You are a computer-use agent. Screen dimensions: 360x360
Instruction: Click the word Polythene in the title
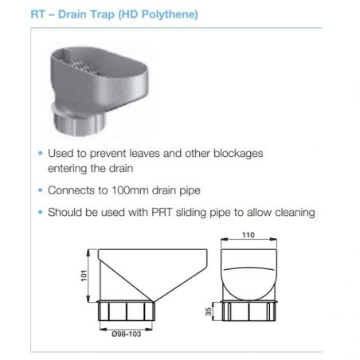pos(170,14)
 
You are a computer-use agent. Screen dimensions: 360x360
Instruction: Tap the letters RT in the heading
pos(38,14)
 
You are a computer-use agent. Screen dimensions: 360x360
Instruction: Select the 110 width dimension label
pos(248,235)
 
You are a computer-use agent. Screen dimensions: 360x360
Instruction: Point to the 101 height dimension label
pos(84,276)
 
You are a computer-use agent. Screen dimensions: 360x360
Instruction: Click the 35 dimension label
pos(209,311)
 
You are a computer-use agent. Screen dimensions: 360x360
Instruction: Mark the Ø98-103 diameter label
pos(127,334)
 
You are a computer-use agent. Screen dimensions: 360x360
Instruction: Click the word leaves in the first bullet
pos(145,154)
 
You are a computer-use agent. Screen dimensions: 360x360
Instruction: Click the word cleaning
pos(295,213)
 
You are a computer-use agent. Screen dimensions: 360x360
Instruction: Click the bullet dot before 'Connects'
pos(41,190)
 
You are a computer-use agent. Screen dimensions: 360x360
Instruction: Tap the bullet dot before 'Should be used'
pos(41,212)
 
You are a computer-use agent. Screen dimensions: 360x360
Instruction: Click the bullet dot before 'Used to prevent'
pos(41,153)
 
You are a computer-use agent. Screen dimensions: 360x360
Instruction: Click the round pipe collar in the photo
pos(80,122)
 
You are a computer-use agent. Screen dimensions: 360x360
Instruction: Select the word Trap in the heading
pos(102,15)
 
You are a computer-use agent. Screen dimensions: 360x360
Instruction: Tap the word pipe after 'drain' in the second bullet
pos(190,191)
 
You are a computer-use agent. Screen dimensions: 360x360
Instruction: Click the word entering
pos(66,169)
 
